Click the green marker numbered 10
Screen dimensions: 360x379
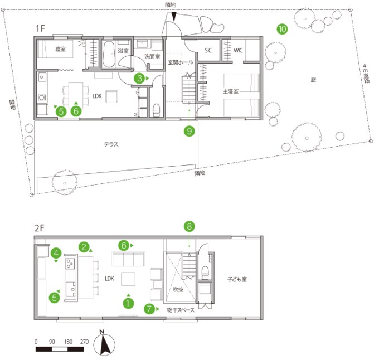point(282,28)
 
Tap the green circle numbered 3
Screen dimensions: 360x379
point(140,79)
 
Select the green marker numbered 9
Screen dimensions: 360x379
point(189,132)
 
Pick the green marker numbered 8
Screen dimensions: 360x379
point(189,226)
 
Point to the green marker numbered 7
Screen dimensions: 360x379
point(149,308)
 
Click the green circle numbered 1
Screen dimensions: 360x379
point(129,304)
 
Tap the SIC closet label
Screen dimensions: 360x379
point(208,50)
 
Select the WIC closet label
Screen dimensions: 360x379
point(238,50)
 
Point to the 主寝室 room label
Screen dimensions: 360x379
point(230,91)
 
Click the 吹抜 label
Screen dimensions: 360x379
point(178,290)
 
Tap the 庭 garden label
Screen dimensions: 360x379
point(313,80)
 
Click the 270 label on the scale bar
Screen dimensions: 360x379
point(84,341)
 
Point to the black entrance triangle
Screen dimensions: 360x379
point(176,18)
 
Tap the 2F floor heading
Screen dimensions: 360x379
point(39,228)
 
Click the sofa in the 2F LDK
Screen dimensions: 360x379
point(128,260)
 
